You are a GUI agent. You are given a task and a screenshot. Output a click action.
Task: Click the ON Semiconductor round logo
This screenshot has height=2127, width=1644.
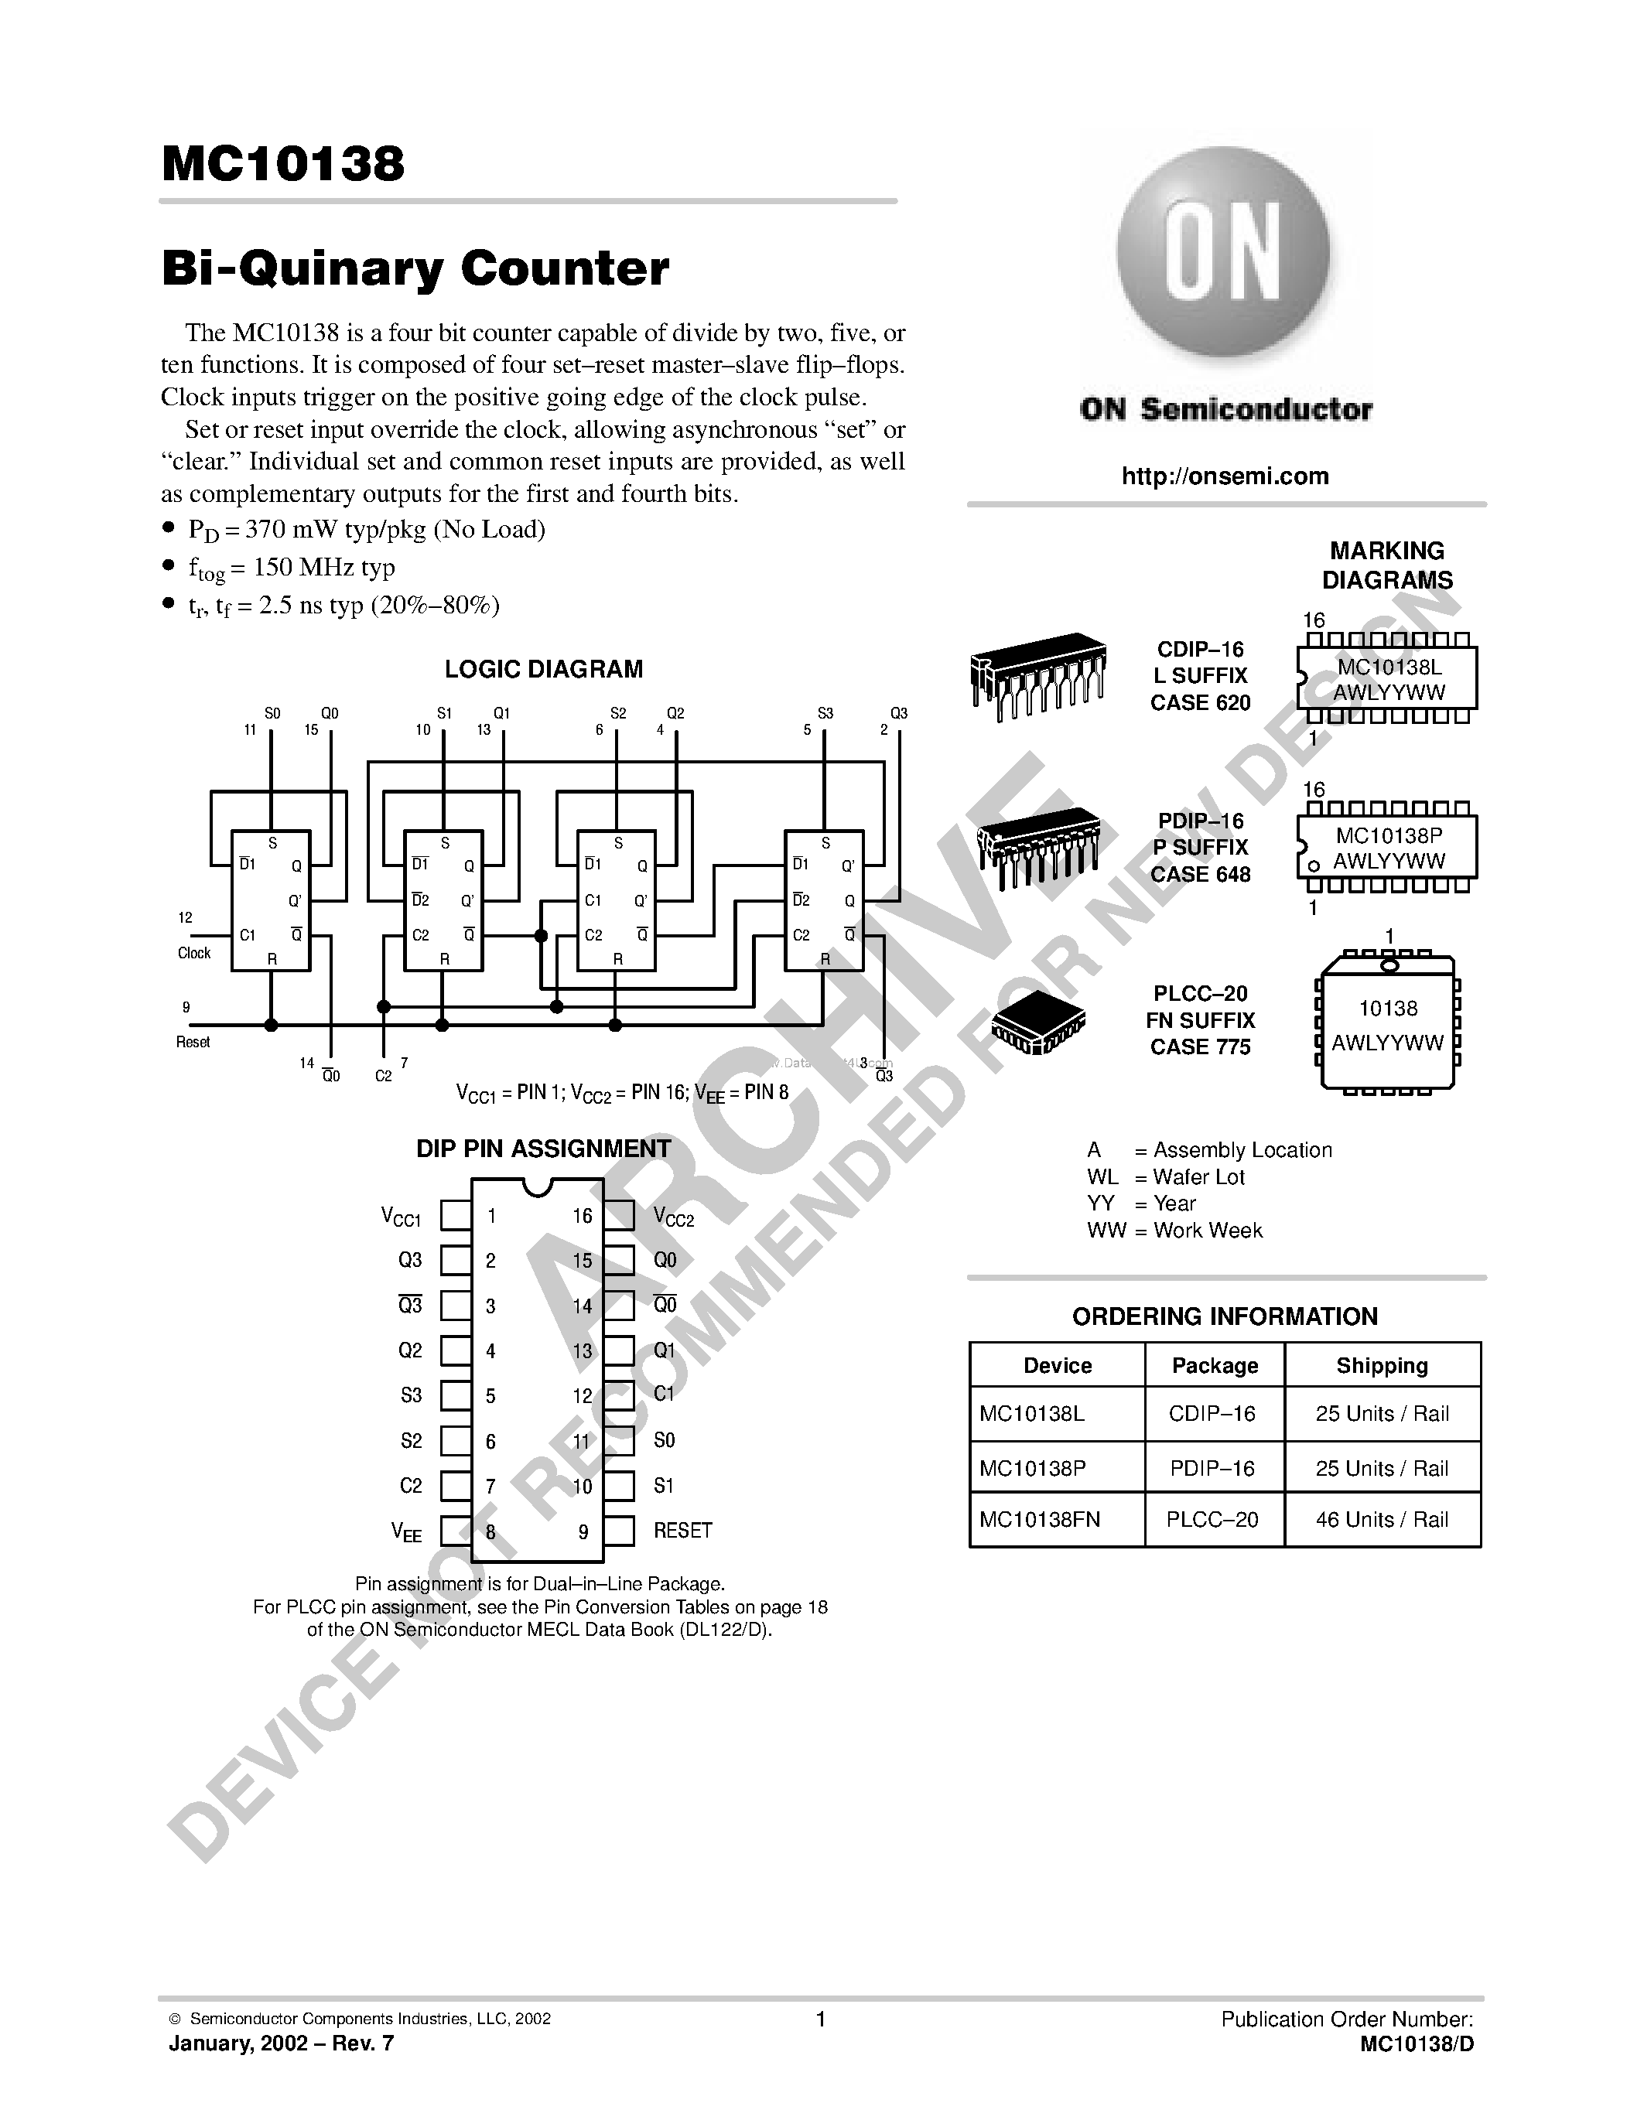pos(1223,256)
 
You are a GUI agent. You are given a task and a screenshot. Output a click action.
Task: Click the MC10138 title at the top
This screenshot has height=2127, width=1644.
pos(282,164)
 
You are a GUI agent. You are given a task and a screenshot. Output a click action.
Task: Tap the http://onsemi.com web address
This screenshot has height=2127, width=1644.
pos(1225,476)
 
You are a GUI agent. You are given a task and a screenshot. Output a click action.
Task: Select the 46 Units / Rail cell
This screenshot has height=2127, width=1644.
pos(1382,1519)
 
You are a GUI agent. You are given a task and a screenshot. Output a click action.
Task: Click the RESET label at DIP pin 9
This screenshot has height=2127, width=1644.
pos(682,1530)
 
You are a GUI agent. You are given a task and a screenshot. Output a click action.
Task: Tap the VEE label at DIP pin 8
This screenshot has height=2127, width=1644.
pos(407,1532)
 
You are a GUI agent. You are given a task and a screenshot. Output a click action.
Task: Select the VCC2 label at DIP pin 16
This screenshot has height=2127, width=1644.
pos(674,1217)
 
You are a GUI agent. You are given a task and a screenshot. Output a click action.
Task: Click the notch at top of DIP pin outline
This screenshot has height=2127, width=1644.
pos(537,1186)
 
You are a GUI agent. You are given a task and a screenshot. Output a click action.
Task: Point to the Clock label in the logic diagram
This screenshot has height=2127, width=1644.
pos(194,952)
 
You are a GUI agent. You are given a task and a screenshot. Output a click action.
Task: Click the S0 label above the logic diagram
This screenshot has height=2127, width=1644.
pos(272,713)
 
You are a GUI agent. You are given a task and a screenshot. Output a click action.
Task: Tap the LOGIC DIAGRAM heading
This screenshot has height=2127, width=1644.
pos(543,669)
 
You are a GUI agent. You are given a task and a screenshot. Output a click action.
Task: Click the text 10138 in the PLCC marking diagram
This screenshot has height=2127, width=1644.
pos(1389,1009)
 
